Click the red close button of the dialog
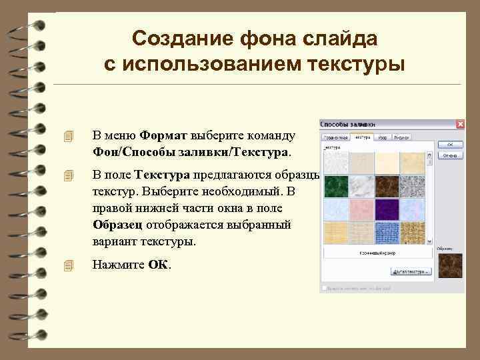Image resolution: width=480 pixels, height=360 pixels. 460,124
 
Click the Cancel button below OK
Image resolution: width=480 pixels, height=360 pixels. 450,155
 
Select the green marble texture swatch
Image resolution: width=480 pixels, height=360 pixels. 335,187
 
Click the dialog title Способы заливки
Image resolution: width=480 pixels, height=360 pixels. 347,124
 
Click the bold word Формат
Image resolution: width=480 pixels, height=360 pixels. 164,135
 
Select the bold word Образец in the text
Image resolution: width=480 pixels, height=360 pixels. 118,225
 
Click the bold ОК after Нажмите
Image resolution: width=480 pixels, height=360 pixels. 159,265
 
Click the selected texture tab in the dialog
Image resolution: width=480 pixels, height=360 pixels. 362,137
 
